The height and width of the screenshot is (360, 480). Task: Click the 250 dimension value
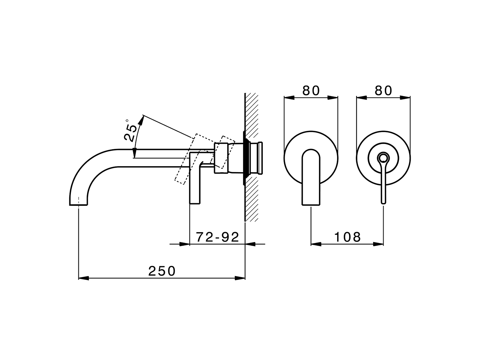(x=162, y=271)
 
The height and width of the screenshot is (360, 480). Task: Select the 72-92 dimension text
(x=217, y=237)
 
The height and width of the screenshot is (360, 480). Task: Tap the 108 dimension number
(x=347, y=237)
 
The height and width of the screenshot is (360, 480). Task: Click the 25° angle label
(x=130, y=130)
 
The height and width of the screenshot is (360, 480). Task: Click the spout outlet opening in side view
(x=78, y=205)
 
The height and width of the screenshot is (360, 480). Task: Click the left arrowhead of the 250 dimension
(x=82, y=278)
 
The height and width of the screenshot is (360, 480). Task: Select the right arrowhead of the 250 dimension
(x=240, y=278)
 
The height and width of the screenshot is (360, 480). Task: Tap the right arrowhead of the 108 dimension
(x=379, y=244)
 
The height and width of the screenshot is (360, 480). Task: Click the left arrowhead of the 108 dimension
(x=315, y=244)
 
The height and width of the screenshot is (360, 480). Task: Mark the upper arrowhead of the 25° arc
(x=141, y=120)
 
